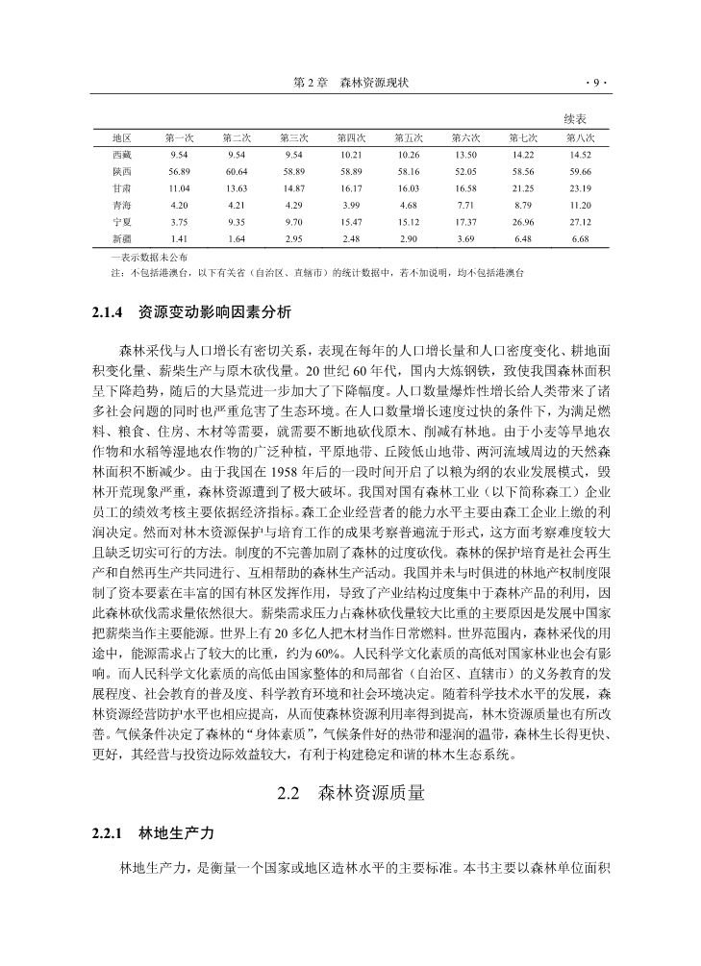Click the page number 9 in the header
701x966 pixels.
(595, 84)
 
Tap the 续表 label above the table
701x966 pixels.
(575, 118)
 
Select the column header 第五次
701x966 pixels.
(409, 137)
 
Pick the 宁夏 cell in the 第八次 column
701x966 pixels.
(580, 221)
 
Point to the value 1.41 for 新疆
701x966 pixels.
(179, 238)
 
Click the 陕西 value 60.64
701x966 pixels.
(237, 171)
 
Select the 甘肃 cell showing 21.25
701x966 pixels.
(523, 187)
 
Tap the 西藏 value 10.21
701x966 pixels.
(351, 154)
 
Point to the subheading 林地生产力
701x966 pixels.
(177, 832)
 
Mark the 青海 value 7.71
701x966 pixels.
(465, 205)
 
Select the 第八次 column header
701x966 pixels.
(580, 137)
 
